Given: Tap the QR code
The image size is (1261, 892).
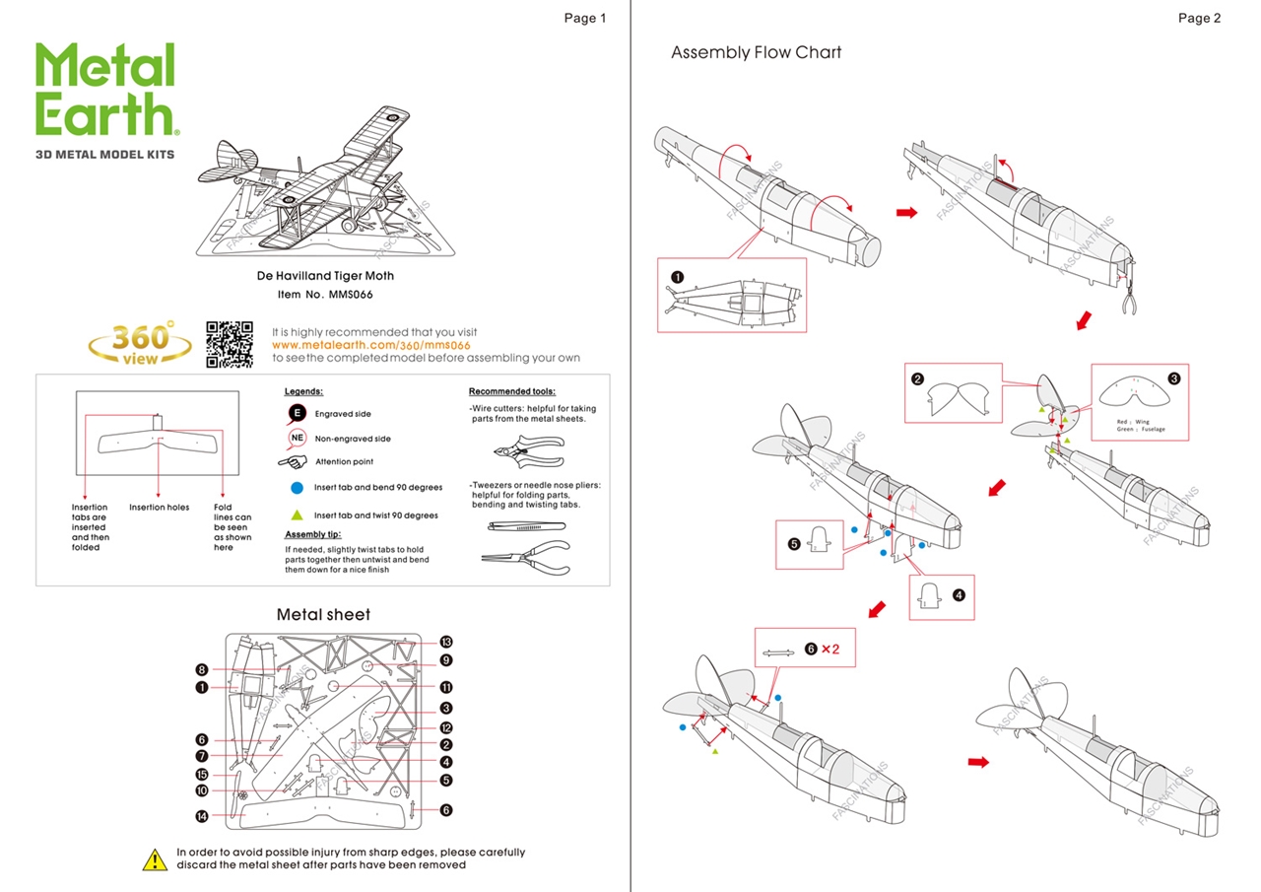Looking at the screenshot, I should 230,344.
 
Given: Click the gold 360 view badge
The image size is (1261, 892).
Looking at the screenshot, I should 140,344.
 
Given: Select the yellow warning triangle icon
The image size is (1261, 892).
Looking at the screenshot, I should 155,858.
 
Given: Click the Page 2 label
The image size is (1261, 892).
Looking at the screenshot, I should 1199,18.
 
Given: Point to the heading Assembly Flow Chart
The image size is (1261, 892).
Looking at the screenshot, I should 756,52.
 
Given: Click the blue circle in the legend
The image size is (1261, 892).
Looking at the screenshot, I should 297,487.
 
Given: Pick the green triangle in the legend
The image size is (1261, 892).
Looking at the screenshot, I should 297,515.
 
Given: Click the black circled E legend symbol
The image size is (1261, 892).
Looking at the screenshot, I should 297,413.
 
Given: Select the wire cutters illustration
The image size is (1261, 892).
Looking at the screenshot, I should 526,452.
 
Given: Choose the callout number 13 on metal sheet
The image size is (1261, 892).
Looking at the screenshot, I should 446,642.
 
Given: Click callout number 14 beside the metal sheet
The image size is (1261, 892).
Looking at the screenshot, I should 201,815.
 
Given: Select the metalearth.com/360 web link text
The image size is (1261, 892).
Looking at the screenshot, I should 370,345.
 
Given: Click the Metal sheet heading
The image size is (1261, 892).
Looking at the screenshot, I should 323,614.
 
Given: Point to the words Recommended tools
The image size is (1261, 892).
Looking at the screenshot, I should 511,391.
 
